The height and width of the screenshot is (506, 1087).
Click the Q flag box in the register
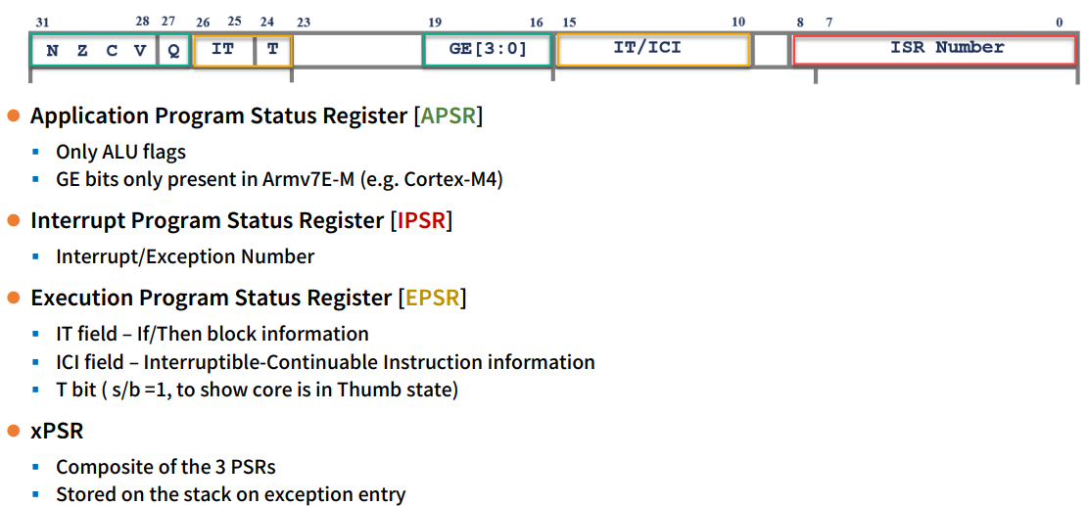173,50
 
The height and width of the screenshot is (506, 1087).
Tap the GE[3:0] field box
488,50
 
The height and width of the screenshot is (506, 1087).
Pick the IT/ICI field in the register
653,49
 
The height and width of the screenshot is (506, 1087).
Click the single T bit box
273,50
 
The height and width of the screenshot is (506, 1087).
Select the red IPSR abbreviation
421,220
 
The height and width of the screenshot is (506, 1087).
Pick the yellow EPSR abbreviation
432,298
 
